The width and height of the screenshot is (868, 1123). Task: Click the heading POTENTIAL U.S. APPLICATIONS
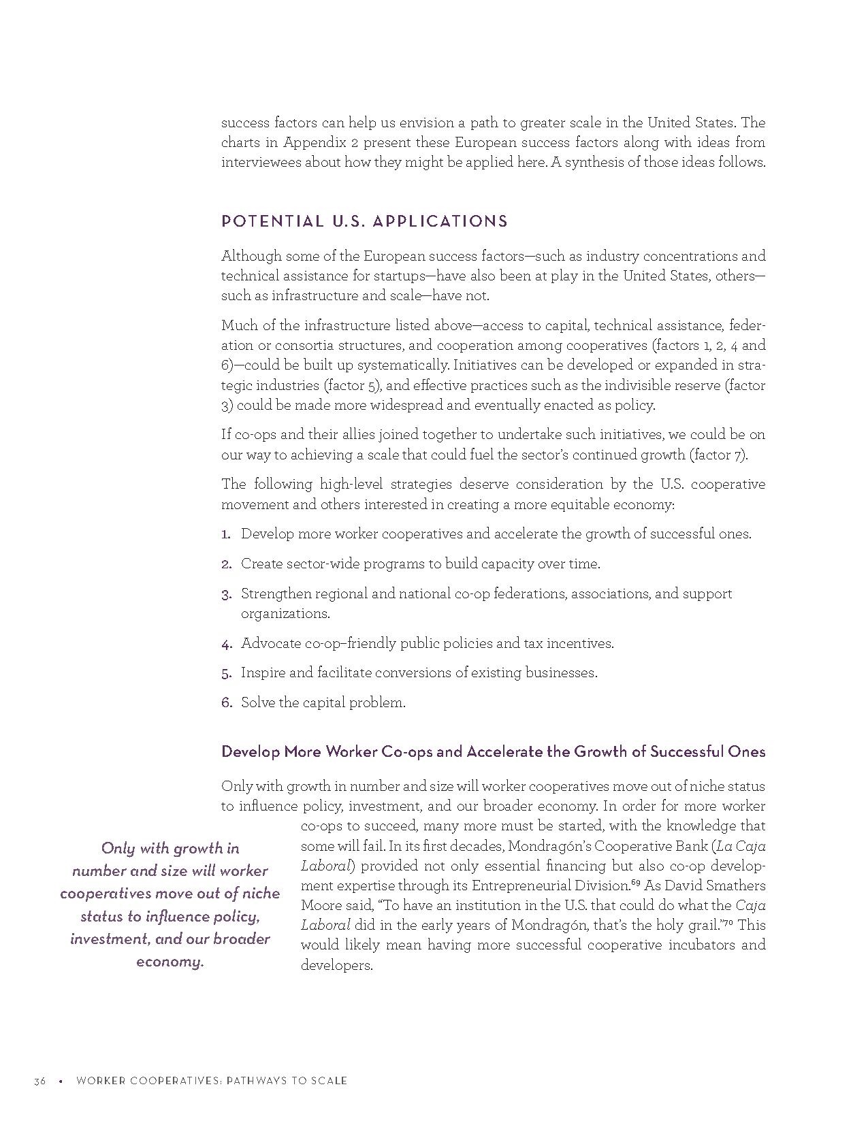tap(364, 221)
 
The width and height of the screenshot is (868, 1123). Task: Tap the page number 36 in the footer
tap(39, 1081)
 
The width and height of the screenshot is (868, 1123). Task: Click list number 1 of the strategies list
tap(226, 534)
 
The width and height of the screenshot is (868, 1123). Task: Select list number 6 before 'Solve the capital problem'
tap(227, 703)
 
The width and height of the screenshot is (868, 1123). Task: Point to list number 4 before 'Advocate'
tap(227, 644)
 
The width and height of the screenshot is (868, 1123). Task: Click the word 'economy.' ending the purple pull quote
tap(170, 962)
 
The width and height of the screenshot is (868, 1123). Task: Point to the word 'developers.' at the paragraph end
tap(336, 965)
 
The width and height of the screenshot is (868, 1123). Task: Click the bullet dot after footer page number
tap(61, 1081)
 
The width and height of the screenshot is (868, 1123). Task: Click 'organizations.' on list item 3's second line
tap(285, 614)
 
